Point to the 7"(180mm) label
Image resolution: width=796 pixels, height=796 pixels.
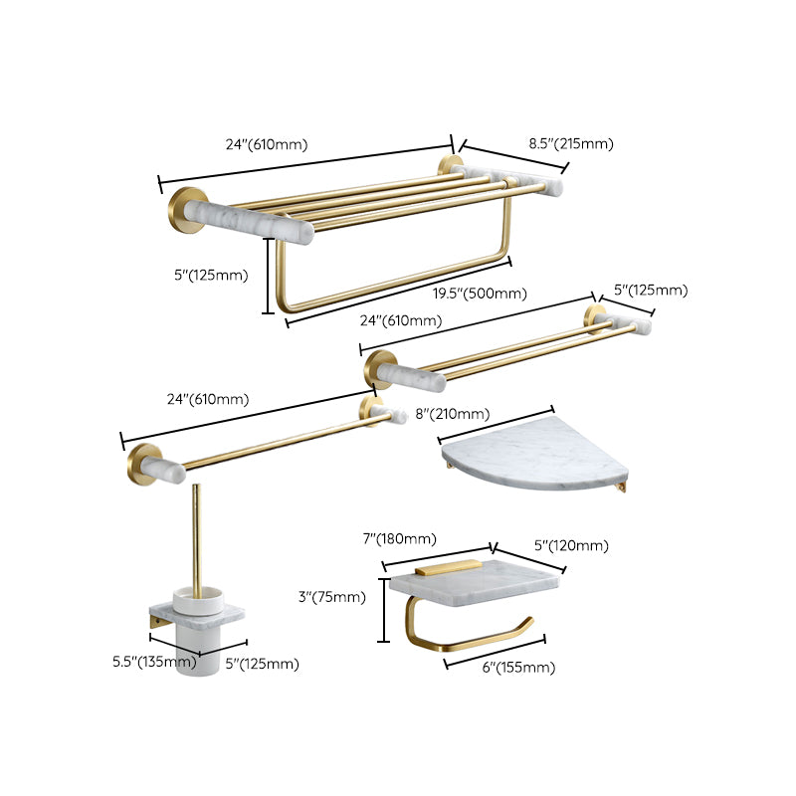coord(399,539)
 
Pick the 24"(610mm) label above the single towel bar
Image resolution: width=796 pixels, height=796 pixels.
coord(208,399)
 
